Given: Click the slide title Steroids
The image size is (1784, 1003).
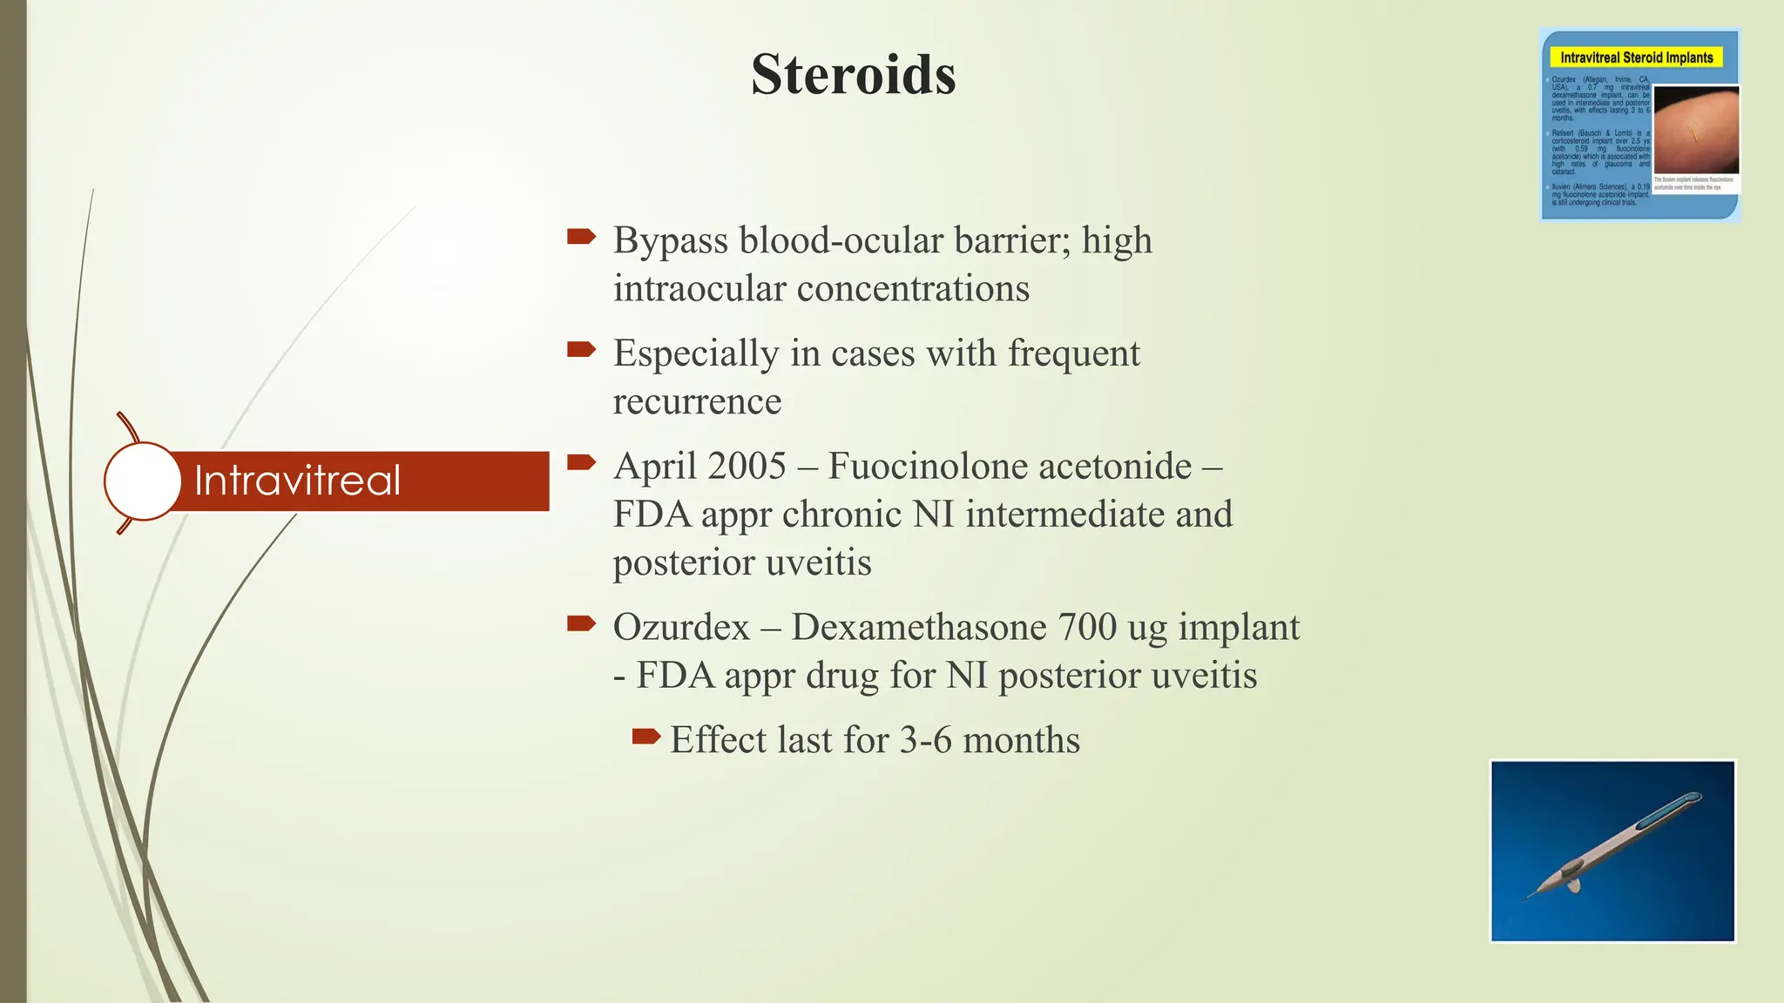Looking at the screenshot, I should point(853,75).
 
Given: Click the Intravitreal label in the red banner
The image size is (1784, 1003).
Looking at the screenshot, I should point(297,481).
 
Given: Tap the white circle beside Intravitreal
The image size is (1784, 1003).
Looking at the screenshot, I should point(142,481).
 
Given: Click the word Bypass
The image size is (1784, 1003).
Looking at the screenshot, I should point(670,240).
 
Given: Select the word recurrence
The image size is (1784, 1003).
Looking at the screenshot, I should point(697,401).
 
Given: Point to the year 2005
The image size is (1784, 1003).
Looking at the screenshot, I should point(747,466).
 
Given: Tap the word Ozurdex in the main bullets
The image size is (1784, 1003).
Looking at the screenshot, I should point(681,627).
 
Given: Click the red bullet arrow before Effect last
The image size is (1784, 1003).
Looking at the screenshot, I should point(645,737).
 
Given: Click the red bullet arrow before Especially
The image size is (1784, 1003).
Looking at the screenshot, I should point(581,350).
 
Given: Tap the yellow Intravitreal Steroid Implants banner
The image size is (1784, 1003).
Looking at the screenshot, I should point(1636,57).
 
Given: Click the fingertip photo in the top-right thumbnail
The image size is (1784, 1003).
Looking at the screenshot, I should point(1695,131).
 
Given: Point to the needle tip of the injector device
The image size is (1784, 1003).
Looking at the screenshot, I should point(1530,898).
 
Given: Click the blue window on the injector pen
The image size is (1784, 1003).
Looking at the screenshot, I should point(1662,811).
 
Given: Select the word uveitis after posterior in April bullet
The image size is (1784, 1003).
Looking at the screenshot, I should point(818,562).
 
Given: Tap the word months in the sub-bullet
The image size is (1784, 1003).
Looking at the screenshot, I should point(1021,740).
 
